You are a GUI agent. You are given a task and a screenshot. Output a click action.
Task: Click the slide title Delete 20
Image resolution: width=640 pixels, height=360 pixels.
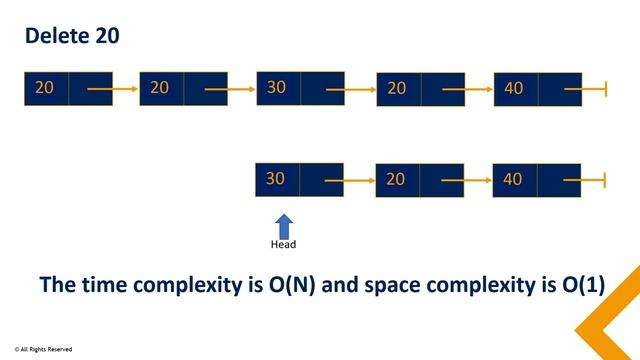coord(72,36)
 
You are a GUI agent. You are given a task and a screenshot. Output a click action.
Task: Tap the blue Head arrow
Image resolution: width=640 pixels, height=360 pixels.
coord(284,224)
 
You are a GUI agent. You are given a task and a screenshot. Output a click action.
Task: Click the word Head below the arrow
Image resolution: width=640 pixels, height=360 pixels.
coord(284,244)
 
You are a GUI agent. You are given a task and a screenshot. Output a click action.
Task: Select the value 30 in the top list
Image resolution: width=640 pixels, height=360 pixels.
coord(277,88)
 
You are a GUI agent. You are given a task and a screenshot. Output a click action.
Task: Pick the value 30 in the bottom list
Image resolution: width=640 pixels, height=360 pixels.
coord(277,179)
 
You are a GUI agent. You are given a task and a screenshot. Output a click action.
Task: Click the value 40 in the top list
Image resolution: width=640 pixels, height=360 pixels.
coord(514,89)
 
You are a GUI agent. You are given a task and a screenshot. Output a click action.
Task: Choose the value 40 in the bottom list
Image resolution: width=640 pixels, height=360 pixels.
coord(513,180)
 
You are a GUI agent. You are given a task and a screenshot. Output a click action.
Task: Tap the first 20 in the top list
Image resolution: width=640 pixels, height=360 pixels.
coord(44,88)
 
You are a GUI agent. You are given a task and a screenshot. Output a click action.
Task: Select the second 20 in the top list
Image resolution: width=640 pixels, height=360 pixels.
coord(160,88)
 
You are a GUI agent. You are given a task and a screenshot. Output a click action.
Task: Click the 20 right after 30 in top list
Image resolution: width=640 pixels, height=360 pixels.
coord(396,89)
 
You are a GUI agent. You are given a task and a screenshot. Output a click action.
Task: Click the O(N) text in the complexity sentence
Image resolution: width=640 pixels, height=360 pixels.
coord(291,285)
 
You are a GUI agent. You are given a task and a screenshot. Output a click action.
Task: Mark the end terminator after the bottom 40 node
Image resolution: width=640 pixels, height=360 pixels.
coord(606,181)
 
